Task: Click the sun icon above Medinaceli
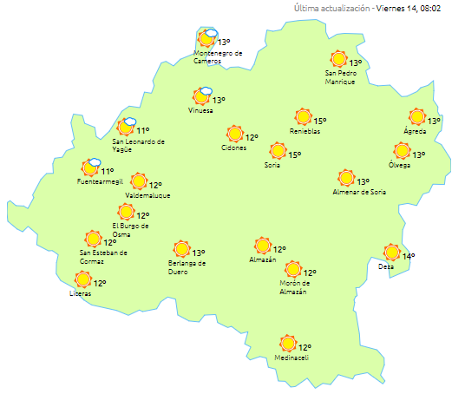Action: [287, 344]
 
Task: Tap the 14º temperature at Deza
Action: [409, 256]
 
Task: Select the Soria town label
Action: [273, 166]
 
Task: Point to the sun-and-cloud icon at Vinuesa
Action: [203, 96]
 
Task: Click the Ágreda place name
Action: [415, 131]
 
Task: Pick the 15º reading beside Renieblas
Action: [319, 121]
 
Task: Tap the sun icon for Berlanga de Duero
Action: [181, 249]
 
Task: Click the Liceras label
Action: [81, 293]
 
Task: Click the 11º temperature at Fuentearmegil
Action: [108, 172]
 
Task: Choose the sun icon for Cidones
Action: [233, 134]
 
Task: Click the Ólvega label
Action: [399, 165]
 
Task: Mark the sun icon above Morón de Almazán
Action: [292, 270]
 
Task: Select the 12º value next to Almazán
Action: [280, 249]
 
